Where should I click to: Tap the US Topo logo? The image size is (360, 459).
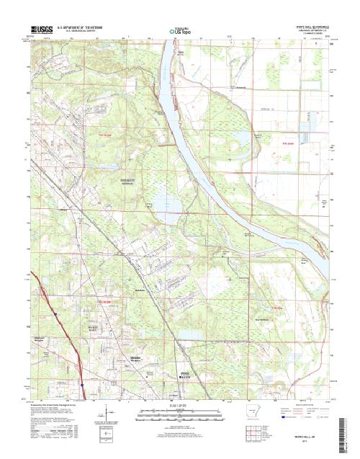tap(181, 32)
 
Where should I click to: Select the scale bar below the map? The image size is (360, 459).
tap(180, 414)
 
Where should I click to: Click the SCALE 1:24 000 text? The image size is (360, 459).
tap(180, 406)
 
